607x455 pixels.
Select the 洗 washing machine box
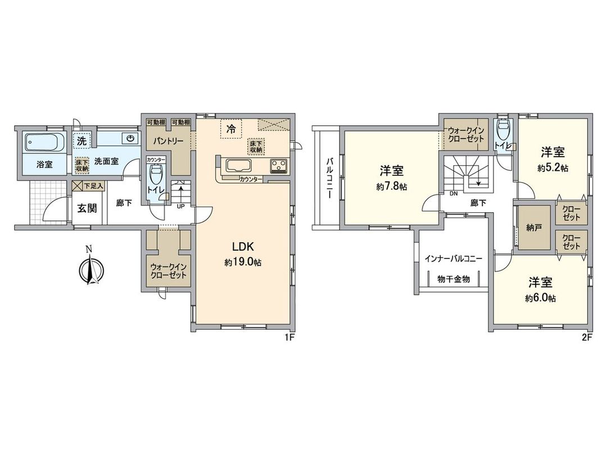pyautogui.click(x=82, y=139)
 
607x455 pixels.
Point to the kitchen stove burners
pyautogui.click(x=279, y=166)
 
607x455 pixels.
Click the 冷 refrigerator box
pyautogui.click(x=231, y=129)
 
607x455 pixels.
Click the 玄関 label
pyautogui.click(x=87, y=208)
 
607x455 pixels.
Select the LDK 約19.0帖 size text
pyautogui.click(x=243, y=262)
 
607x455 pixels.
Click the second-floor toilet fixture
pyautogui.click(x=503, y=133)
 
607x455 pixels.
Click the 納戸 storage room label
pyautogui.click(x=533, y=229)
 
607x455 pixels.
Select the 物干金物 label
pyautogui.click(x=454, y=279)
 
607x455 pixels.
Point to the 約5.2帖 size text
pyautogui.click(x=553, y=167)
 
